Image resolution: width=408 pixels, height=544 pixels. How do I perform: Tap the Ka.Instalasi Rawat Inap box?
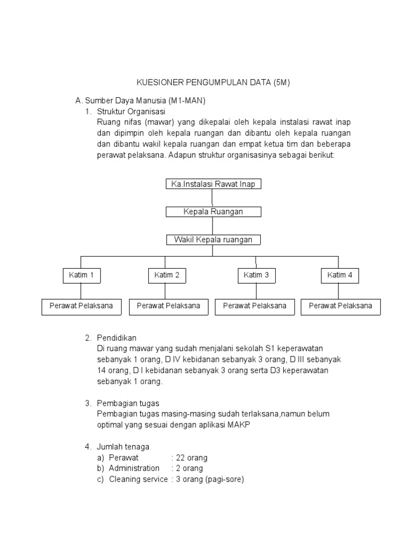tap(212, 184)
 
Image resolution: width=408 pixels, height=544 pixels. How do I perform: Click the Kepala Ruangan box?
tap(212, 212)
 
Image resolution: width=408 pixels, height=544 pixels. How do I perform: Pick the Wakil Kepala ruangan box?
tap(212, 240)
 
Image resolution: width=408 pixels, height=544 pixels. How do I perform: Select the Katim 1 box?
tap(81, 275)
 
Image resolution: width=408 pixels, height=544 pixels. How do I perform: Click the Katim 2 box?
tap(166, 275)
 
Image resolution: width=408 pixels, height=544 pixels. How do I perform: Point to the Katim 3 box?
tap(256, 275)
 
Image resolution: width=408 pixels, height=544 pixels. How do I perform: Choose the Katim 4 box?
tap(339, 275)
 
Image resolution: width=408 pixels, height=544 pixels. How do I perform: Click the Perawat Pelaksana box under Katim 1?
tap(81, 306)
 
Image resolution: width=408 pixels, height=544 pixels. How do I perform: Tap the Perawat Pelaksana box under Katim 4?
tap(340, 306)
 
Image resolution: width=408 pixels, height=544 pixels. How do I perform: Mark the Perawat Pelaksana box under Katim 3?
tap(254, 306)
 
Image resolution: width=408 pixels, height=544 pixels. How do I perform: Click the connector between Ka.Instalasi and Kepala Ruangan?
tap(212, 198)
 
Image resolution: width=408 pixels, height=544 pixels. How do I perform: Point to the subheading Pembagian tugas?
tap(128, 403)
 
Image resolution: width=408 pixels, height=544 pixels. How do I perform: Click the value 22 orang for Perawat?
tap(191, 457)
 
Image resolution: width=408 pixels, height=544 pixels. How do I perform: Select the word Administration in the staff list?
tap(134, 468)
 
